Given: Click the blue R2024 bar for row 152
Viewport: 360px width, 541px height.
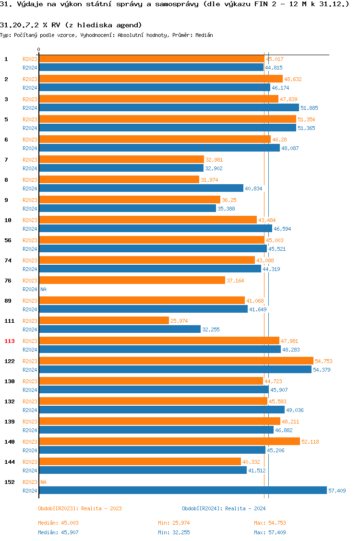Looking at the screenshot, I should (182, 490).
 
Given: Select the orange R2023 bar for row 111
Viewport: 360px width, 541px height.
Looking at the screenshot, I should (104, 320).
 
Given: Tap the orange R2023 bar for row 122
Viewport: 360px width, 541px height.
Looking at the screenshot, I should (176, 361).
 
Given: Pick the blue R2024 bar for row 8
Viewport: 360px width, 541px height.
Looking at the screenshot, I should (141, 188).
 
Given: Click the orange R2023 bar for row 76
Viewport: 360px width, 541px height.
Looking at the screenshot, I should (132, 280).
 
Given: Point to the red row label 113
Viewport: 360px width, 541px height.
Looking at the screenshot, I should (9, 341).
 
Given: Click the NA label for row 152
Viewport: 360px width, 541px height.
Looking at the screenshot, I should (43, 482).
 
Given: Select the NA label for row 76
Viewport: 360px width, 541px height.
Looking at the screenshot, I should (43, 289).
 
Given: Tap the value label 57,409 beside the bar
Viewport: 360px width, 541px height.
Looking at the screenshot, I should (337, 491).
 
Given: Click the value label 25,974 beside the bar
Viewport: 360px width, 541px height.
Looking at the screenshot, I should (179, 321).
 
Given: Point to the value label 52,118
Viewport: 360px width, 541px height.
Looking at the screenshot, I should (310, 442).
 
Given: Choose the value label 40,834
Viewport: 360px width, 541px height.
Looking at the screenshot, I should (253, 188).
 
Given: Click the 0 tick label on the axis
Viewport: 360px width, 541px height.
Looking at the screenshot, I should (39, 49).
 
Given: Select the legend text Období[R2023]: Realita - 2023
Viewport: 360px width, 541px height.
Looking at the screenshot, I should (80, 508).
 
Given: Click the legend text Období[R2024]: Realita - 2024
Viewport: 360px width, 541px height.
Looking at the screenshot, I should (224, 508).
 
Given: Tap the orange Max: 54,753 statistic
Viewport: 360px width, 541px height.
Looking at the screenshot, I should (270, 523).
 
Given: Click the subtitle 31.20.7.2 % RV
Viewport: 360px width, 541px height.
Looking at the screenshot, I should (71, 24).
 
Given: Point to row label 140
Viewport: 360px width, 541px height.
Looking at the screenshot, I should (9, 442).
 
